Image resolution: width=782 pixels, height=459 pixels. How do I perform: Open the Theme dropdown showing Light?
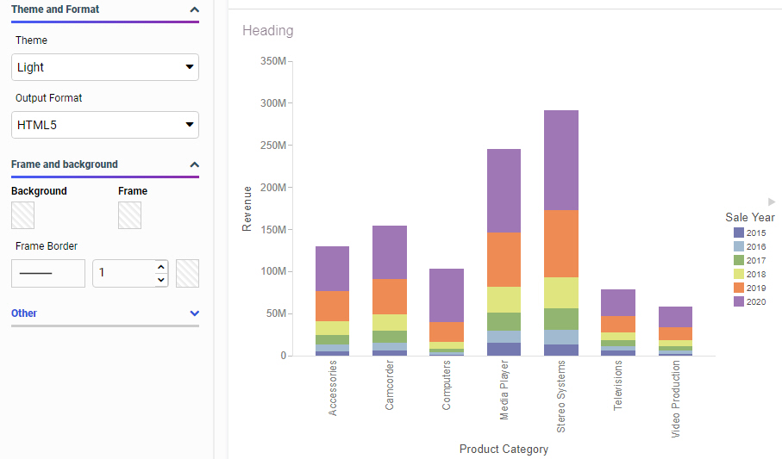pyautogui.click(x=105, y=67)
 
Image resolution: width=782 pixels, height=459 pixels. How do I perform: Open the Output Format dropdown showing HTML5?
pyautogui.click(x=105, y=125)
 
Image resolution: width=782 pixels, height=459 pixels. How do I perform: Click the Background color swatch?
pyautogui.click(x=22, y=215)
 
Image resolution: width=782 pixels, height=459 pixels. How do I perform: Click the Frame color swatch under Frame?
pyautogui.click(x=129, y=215)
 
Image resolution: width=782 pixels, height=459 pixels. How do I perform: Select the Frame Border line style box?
pyautogui.click(x=48, y=273)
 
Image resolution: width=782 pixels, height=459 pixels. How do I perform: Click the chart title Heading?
pyautogui.click(x=268, y=31)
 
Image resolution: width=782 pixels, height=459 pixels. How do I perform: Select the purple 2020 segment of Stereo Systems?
pyautogui.click(x=561, y=160)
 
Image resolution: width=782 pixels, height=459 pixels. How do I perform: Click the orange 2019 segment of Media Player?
pyautogui.click(x=504, y=259)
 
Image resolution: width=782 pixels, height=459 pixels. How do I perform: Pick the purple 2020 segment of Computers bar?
pyautogui.click(x=447, y=295)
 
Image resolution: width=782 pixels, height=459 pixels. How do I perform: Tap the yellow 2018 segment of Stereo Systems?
pyautogui.click(x=561, y=292)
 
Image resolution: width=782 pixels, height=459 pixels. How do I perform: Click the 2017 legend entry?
pyautogui.click(x=749, y=260)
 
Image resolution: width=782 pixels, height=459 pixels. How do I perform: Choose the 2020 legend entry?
pyautogui.click(x=749, y=301)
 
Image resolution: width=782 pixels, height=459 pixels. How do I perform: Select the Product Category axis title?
pyautogui.click(x=504, y=449)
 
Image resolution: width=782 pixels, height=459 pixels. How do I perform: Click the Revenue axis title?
pyautogui.click(x=247, y=208)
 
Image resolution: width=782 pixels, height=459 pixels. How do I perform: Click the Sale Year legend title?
pyautogui.click(x=749, y=218)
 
